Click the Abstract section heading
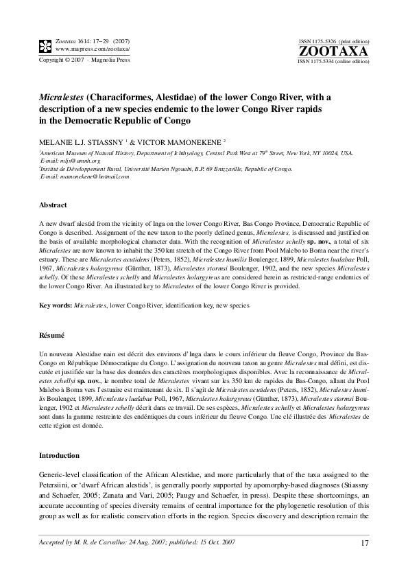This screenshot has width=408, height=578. (x=53, y=205)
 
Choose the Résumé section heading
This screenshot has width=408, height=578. (x=51, y=336)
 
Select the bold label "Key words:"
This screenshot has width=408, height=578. (x=55, y=303)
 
